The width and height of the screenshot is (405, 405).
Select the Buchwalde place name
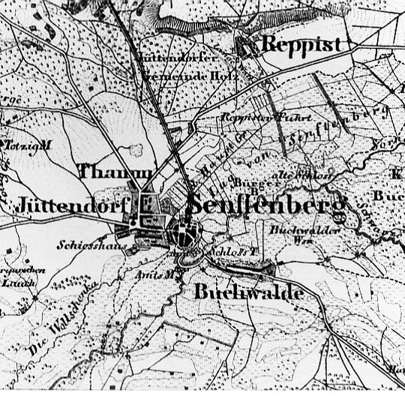click(x=249, y=292)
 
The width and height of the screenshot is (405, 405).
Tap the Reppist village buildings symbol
click(x=245, y=47)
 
